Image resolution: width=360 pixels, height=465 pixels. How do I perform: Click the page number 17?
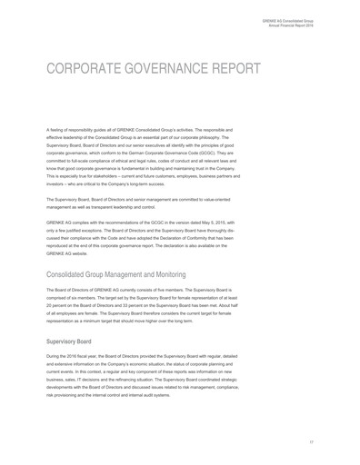[312, 441]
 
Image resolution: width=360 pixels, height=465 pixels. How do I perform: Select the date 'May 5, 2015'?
[240, 223]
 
